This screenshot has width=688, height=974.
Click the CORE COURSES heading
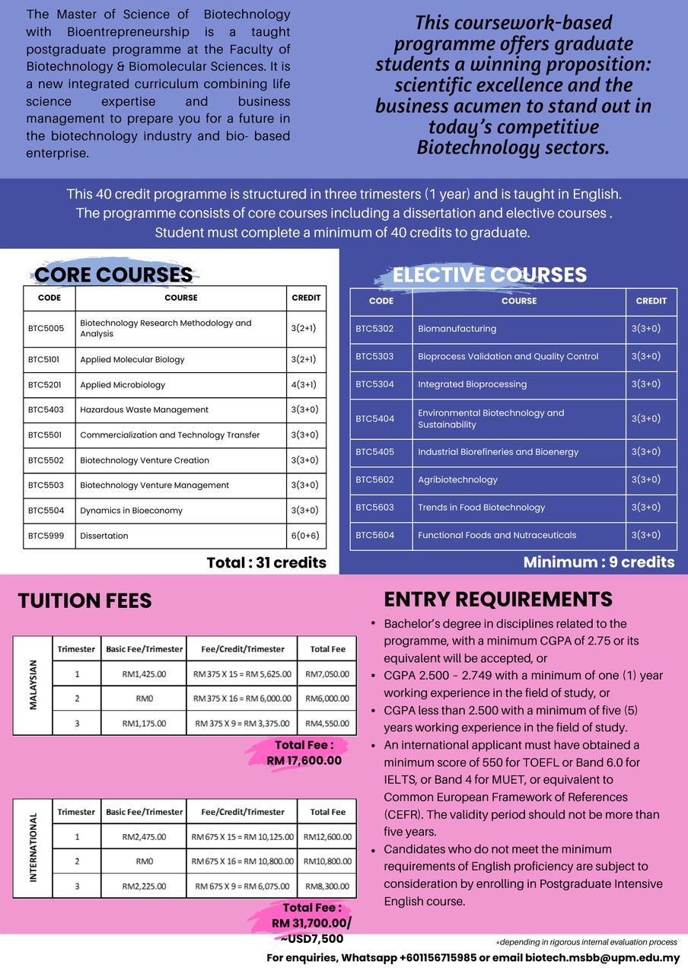pyautogui.click(x=113, y=275)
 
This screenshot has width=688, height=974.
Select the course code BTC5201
pyautogui.click(x=46, y=385)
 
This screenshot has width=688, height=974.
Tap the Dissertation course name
pyautogui.click(x=104, y=536)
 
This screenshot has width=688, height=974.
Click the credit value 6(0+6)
pyautogui.click(x=305, y=536)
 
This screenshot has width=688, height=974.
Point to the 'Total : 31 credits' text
pyautogui.click(x=266, y=563)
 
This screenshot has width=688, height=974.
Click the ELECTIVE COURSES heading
pyautogui.click(x=489, y=275)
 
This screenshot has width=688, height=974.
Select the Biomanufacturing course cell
pyautogui.click(x=457, y=329)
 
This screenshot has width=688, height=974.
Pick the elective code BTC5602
pyautogui.click(x=374, y=479)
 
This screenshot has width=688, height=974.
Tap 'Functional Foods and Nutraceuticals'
pyautogui.click(x=497, y=535)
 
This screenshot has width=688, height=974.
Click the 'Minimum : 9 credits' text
pyautogui.click(x=599, y=562)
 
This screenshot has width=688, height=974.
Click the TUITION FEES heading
pyautogui.click(x=84, y=601)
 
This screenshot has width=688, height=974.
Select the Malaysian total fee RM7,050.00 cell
pyautogui.click(x=327, y=674)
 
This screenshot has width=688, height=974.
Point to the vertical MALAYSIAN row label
pyautogui.click(x=33, y=686)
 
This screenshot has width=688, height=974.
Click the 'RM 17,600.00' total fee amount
pyautogui.click(x=304, y=760)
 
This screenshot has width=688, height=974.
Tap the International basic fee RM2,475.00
pyautogui.click(x=144, y=837)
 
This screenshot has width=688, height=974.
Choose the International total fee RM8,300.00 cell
pyautogui.click(x=327, y=886)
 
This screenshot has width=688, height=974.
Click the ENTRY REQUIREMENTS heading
pyautogui.click(x=498, y=600)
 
